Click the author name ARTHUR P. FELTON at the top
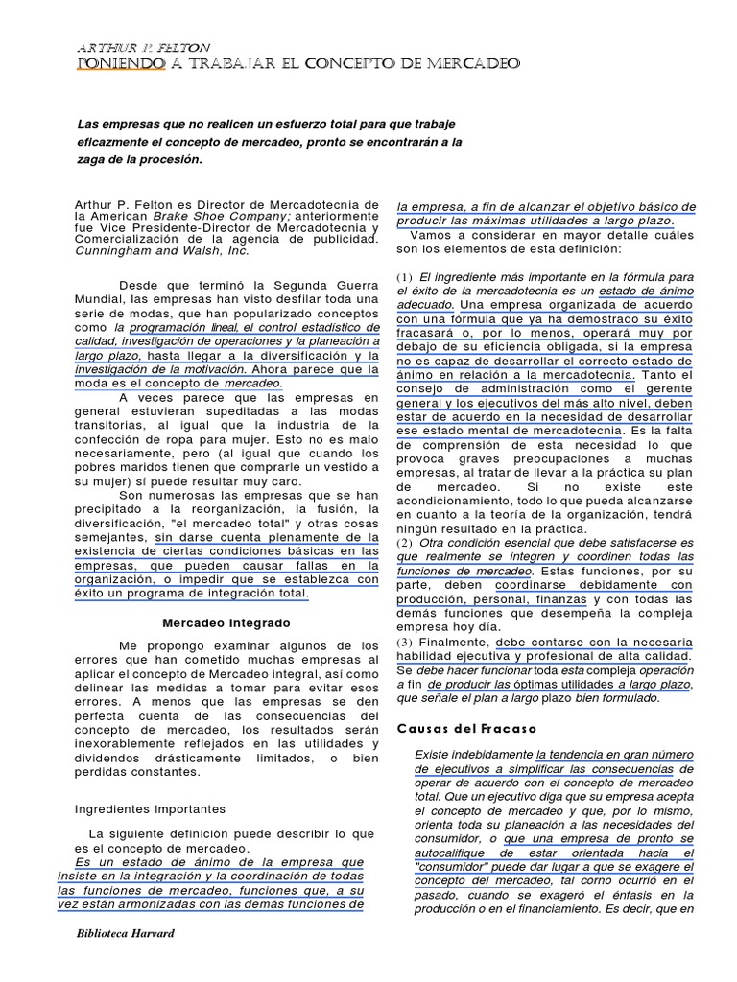click(x=143, y=47)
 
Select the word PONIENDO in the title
click(x=118, y=64)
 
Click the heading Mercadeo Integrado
click(x=225, y=622)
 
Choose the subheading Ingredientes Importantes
click(x=150, y=808)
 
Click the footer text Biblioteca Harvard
click(x=125, y=932)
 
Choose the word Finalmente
click(x=454, y=642)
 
